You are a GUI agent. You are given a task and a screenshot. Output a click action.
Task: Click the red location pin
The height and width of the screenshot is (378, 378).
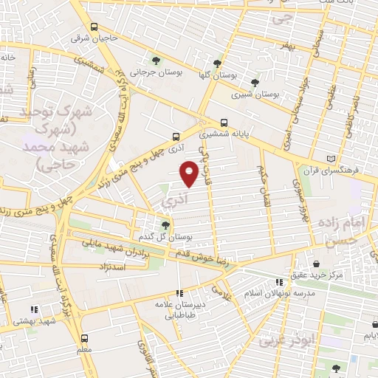(x=190, y=172)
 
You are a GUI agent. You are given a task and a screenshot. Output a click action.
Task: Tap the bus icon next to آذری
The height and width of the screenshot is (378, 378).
(x=176, y=137)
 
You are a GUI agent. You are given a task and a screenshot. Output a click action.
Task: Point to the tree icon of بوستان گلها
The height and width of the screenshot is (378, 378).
(x=216, y=63)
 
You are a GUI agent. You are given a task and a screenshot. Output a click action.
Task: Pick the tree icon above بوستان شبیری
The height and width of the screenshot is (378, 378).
(x=255, y=83)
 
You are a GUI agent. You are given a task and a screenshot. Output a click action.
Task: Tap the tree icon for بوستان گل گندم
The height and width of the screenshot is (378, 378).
(x=165, y=226)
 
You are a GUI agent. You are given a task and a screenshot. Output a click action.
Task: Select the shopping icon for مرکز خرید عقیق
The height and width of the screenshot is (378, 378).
(x=317, y=264)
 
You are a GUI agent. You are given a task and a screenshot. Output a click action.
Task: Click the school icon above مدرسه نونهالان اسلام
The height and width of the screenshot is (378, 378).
(x=279, y=281)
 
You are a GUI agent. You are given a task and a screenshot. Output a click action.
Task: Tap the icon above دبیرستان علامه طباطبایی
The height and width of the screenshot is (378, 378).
(x=180, y=292)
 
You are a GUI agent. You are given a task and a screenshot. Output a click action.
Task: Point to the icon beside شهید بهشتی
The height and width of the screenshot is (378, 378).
(x=32, y=312)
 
